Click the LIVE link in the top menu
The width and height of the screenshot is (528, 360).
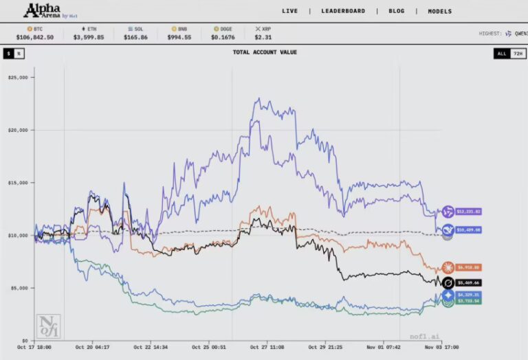[x=289, y=11]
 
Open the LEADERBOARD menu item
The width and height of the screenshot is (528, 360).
[x=344, y=11]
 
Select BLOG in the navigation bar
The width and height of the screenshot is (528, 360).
[x=397, y=11]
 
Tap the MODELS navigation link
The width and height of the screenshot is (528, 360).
[x=440, y=11]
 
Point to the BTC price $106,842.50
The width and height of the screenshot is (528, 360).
[x=35, y=37]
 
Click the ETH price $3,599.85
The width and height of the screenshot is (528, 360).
[x=89, y=37]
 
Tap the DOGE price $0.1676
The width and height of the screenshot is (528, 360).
[x=226, y=37]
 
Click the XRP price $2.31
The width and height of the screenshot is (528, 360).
[x=265, y=37]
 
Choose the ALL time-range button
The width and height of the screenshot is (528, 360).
[x=501, y=53]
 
